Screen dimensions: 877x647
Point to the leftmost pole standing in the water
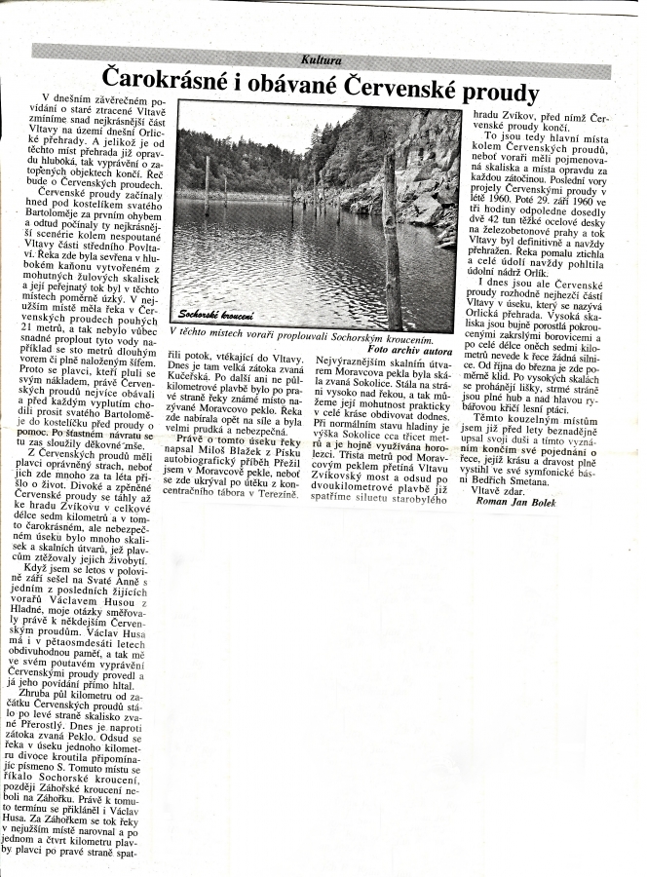point(207,184)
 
